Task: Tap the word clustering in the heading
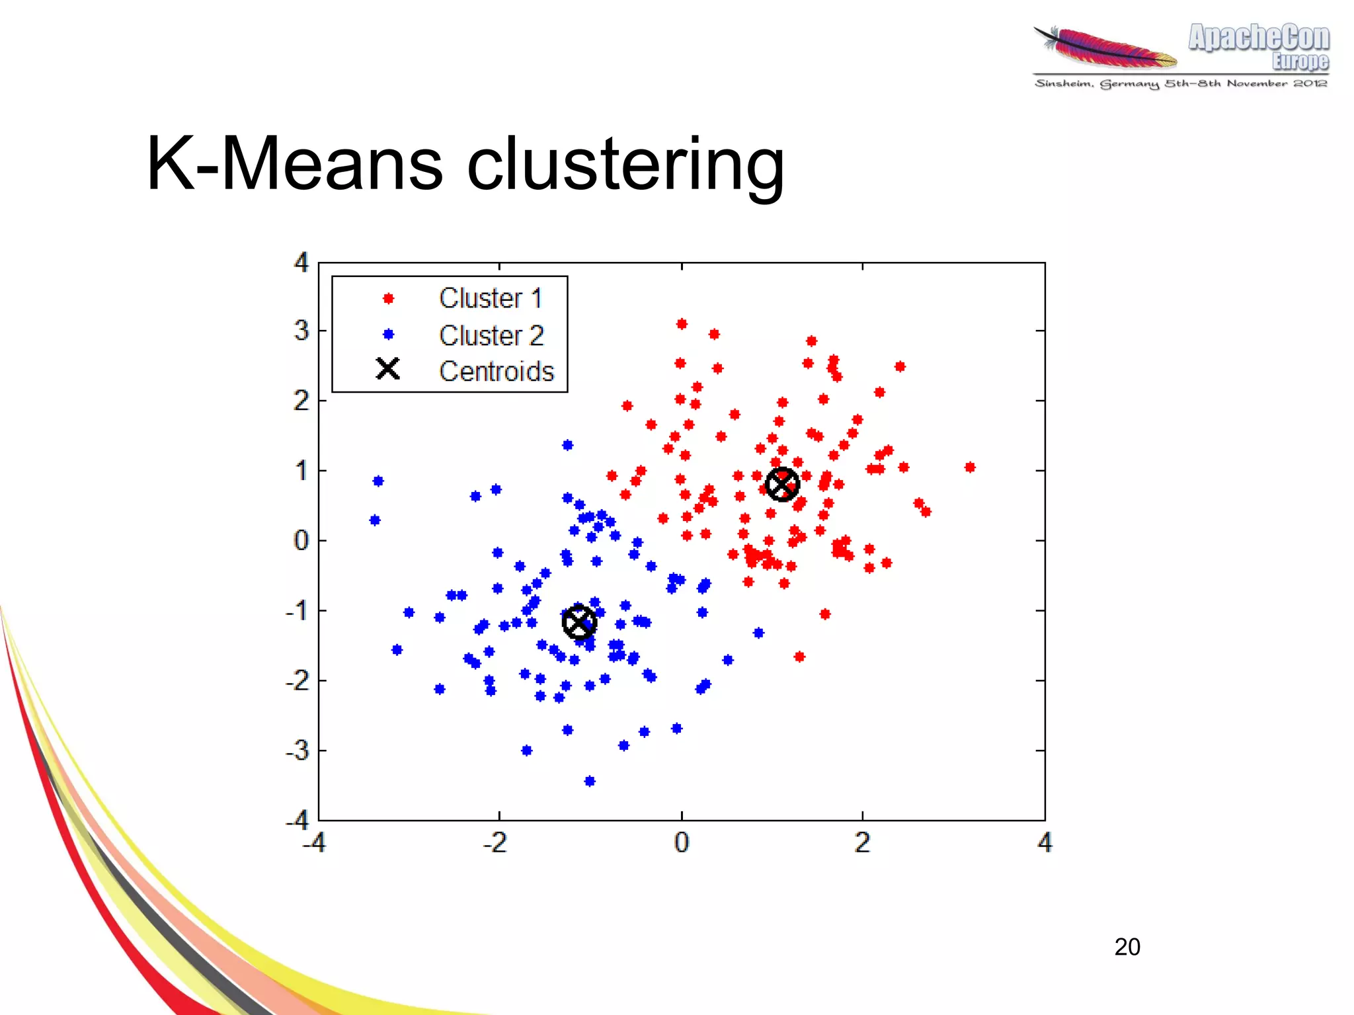pos(625,165)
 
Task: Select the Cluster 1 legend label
pos(491,298)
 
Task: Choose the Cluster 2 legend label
pos(491,335)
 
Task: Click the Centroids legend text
pos(496,372)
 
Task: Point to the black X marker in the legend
pos(388,369)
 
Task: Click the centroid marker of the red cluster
pos(782,485)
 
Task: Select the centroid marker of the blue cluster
pos(579,622)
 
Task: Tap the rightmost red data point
pos(970,467)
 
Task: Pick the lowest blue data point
pos(590,781)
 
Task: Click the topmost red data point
pos(682,323)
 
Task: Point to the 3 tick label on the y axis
pos(301,331)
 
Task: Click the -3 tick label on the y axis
pos(298,751)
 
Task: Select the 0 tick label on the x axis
pos(682,842)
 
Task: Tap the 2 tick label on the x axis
pos(862,842)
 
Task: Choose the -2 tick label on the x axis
pos(496,842)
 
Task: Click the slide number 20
pos(1127,947)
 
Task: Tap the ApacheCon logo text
pos(1258,38)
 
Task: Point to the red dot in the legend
pos(389,299)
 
